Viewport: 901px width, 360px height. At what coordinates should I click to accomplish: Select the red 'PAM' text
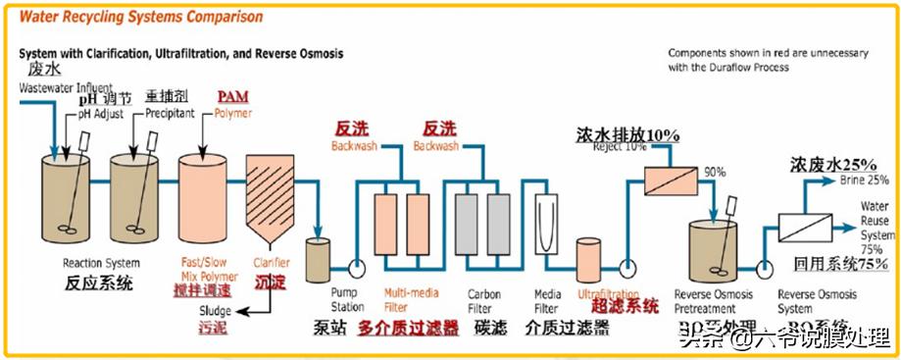pyautogui.click(x=233, y=95)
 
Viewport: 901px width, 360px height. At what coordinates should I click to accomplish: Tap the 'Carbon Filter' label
pyautogui.click(x=484, y=299)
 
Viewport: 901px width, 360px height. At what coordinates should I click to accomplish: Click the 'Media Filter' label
pyautogui.click(x=546, y=299)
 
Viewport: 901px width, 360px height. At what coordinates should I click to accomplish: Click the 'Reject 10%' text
pyautogui.click(x=623, y=147)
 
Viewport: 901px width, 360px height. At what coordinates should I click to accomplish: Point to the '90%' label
pyautogui.click(x=715, y=173)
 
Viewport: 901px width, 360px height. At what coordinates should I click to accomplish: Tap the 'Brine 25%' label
pyautogui.click(x=863, y=180)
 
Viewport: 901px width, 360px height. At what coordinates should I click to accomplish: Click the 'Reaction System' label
pyautogui.click(x=101, y=263)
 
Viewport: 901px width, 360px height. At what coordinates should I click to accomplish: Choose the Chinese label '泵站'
pyautogui.click(x=326, y=328)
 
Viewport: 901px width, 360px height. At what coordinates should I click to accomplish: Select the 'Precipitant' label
pyautogui.click(x=171, y=113)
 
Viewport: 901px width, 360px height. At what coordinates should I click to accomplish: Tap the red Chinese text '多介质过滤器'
pyautogui.click(x=408, y=328)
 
